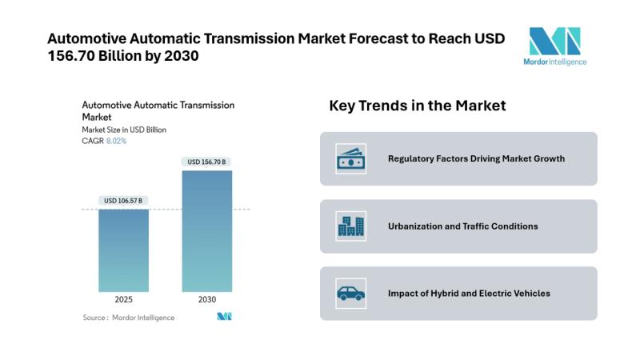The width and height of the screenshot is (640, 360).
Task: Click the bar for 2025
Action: pos(123,250)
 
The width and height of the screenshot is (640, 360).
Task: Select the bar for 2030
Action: pos(206,231)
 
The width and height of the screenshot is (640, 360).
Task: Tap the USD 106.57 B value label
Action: pos(123,200)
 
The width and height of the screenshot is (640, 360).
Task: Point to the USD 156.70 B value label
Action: pos(206,162)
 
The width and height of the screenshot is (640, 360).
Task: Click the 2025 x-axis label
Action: pos(123,299)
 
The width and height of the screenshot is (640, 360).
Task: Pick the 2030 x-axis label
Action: pos(206,299)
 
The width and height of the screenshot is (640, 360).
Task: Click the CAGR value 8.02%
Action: pos(116,141)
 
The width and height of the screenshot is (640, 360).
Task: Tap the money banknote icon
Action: pos(350,158)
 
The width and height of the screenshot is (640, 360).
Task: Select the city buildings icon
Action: pos(350,226)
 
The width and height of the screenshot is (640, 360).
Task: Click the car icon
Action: pos(350,294)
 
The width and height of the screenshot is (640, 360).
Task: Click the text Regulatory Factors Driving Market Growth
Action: pos(476,158)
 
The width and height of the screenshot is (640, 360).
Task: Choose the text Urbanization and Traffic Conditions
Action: pos(462,226)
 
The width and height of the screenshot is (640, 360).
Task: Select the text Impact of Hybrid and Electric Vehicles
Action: pos(469,294)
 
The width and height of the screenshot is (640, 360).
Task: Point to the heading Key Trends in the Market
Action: pos(418,106)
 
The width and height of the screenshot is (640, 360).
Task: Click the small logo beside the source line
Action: pos(224,317)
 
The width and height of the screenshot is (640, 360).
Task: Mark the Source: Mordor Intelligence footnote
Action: pos(129,318)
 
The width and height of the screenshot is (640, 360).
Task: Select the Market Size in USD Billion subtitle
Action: pos(124,130)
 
